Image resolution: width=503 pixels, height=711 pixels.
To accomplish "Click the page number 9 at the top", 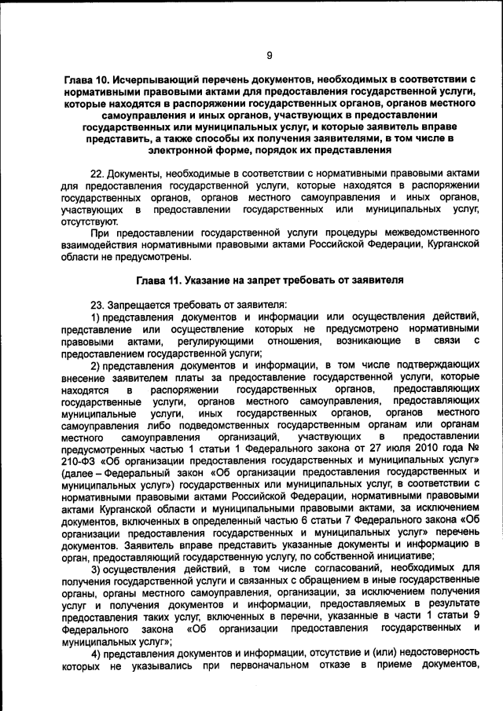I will pos(269,55).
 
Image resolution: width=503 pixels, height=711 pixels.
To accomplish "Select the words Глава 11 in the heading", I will pos(159,279).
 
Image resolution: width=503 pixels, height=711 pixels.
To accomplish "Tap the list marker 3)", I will pos(96,568).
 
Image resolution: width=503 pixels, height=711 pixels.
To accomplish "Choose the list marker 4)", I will pos(96,654).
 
